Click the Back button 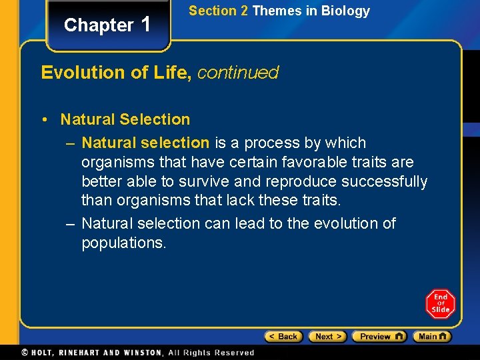[283, 337]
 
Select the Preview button [379, 337]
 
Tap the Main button [431, 337]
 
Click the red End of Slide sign [440, 304]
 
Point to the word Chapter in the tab [99, 25]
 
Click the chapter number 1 [147, 24]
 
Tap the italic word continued [238, 73]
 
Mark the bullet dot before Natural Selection [43, 120]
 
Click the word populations [123, 243]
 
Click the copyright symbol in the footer [25, 352]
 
